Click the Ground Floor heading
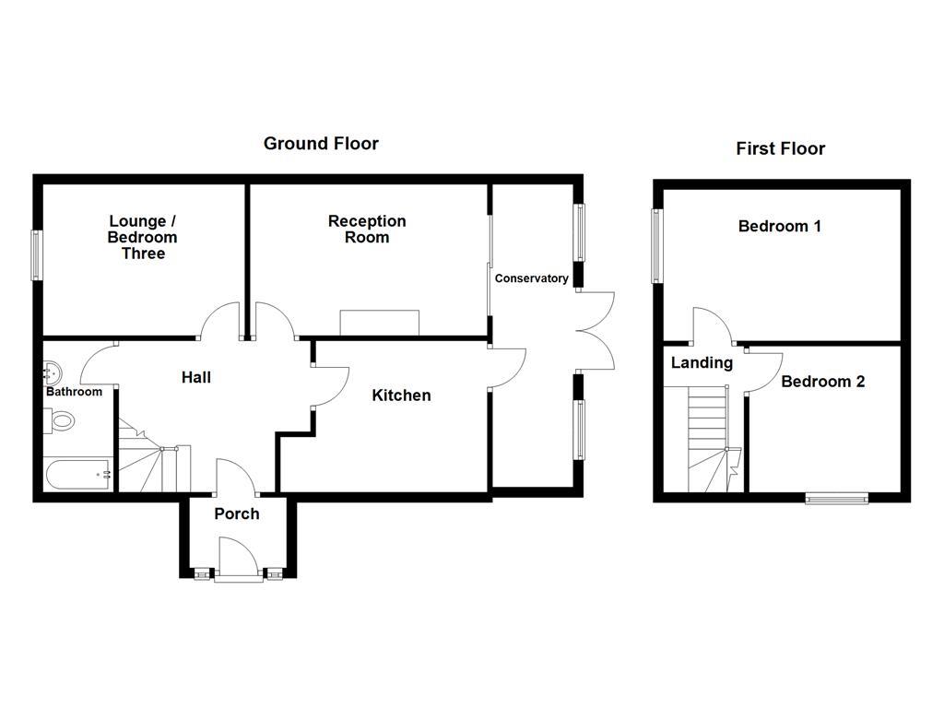tap(321, 144)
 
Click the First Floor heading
tap(780, 148)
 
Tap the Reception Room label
tap(367, 229)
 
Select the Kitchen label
tap(401, 395)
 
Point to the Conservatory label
tap(532, 278)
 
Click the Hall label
tap(196, 377)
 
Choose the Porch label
tap(237, 513)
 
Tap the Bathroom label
tap(75, 392)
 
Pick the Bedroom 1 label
tap(780, 226)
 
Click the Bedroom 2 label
tap(822, 382)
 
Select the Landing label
tap(702, 363)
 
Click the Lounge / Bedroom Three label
tap(143, 237)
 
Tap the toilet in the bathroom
tap(62, 422)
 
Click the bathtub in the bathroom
tap(78, 475)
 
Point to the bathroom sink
tap(53, 373)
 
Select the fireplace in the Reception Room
tap(380, 324)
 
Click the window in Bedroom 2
tap(836, 499)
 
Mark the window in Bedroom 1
tap(657, 246)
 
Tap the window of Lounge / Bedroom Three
tap(38, 254)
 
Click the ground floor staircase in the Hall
tap(152, 458)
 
